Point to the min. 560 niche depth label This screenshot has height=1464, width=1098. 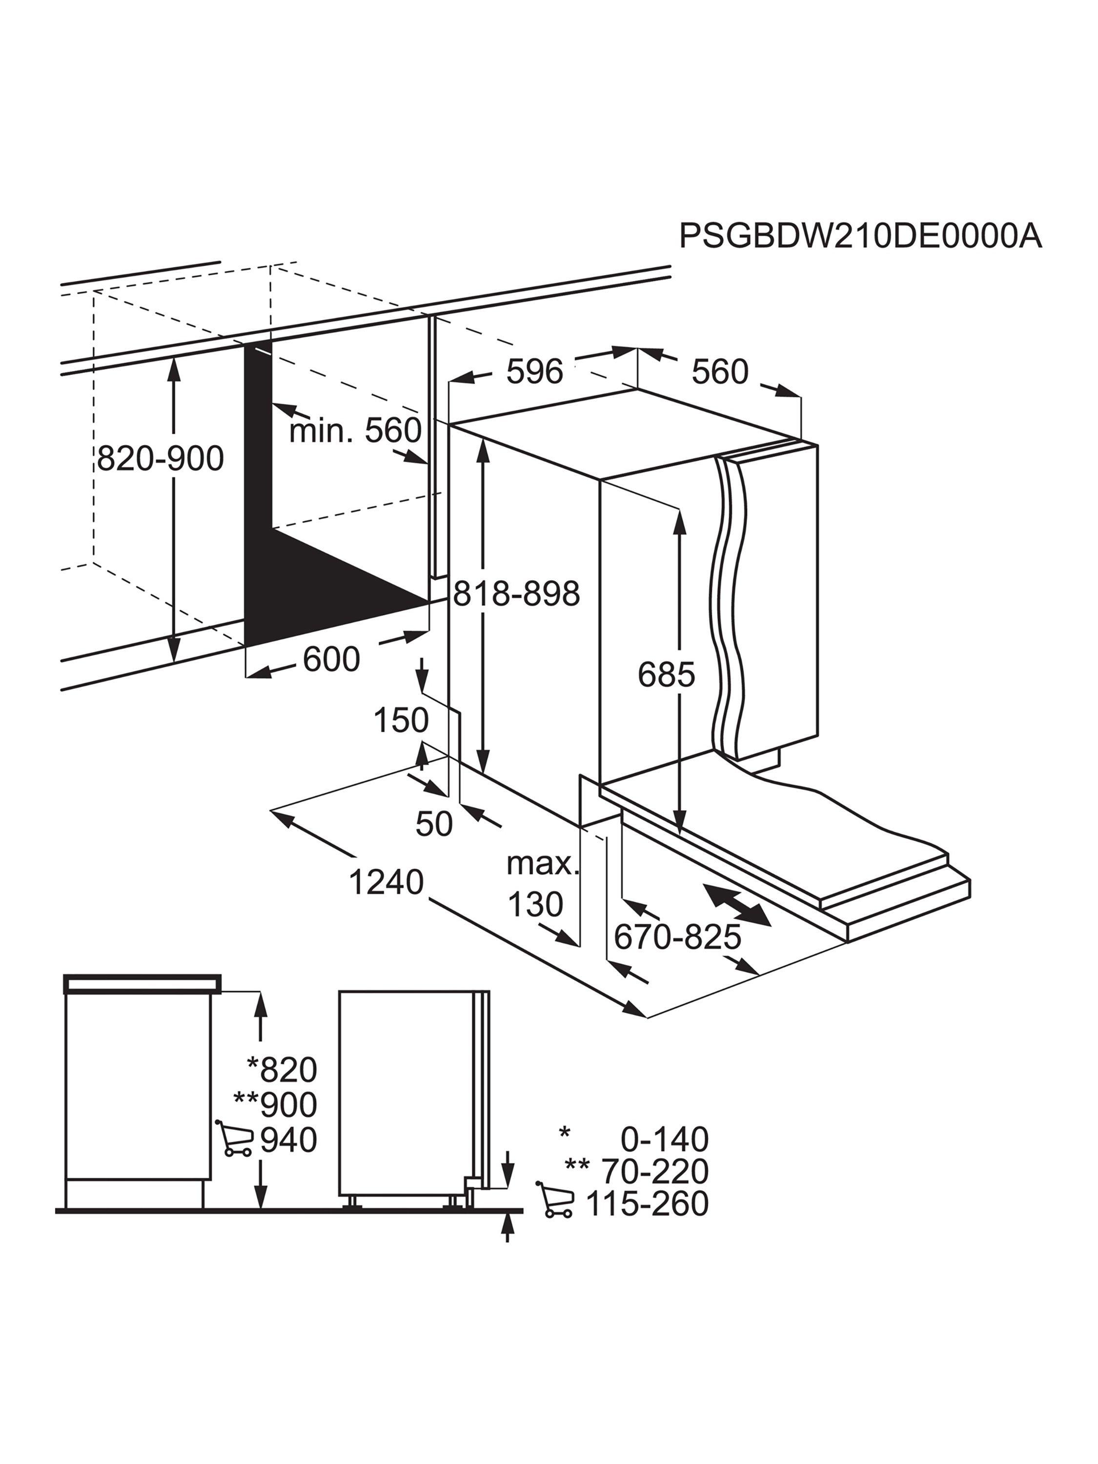pos(355,430)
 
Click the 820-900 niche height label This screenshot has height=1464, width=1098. pos(161,458)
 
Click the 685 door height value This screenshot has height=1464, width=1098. pos(667,674)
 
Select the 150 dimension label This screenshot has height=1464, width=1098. pos(401,719)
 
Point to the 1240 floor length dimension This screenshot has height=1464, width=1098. pos(386,882)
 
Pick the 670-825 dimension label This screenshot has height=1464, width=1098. pos(677,936)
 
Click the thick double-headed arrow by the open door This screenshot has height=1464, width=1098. pos(737,905)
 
